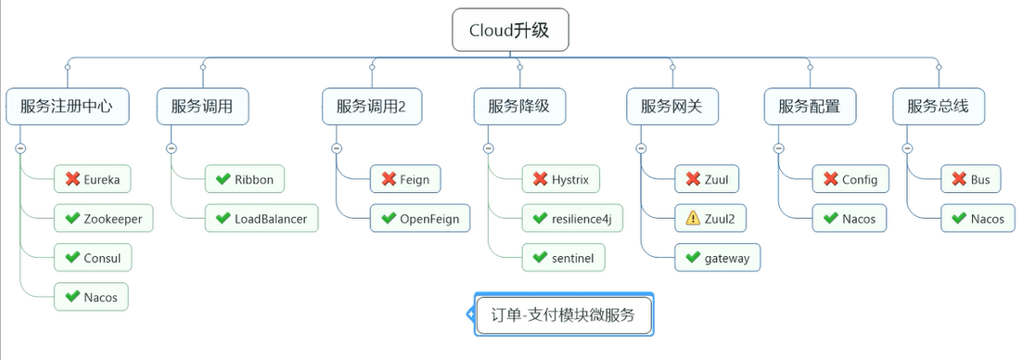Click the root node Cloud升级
tap(510, 30)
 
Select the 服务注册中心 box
tap(68, 107)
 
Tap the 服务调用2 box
tap(371, 107)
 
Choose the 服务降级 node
tap(518, 107)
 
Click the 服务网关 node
tap(672, 107)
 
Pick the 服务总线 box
tap(938, 107)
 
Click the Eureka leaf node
tap(92, 179)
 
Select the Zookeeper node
tap(103, 218)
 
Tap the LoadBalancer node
tap(262, 218)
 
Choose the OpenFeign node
tap(420, 218)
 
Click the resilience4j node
tap(572, 218)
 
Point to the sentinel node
tap(564, 258)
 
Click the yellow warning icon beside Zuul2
tap(693, 218)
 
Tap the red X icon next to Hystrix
tap(540, 179)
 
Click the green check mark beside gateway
tap(693, 258)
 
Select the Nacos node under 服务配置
tap(849, 218)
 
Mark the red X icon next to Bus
tap(959, 179)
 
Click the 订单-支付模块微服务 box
tap(564, 315)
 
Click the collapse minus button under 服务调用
tap(171, 148)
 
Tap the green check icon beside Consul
tap(72, 258)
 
